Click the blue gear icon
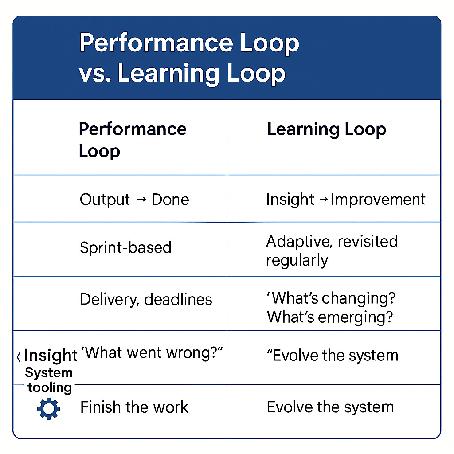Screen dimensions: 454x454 click(x=49, y=409)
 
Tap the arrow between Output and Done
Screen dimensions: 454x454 click(x=141, y=199)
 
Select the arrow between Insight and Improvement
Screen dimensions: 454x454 click(x=324, y=200)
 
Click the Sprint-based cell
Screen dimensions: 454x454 click(x=125, y=247)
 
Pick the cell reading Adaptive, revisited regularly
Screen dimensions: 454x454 click(x=332, y=250)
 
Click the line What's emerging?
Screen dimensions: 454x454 click(x=329, y=317)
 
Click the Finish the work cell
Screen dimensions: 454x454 click(x=134, y=407)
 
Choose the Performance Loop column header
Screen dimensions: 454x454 click(x=132, y=140)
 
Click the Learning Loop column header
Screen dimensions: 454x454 click(x=326, y=129)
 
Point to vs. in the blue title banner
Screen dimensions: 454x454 click(x=94, y=74)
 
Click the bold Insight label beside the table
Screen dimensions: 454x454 click(x=51, y=355)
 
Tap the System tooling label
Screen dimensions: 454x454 click(x=49, y=380)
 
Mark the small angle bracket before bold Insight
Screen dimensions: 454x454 click(x=18, y=356)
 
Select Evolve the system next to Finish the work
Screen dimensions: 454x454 click(x=330, y=407)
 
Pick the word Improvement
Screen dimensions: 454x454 click(x=378, y=200)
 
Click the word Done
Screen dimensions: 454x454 click(x=170, y=200)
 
